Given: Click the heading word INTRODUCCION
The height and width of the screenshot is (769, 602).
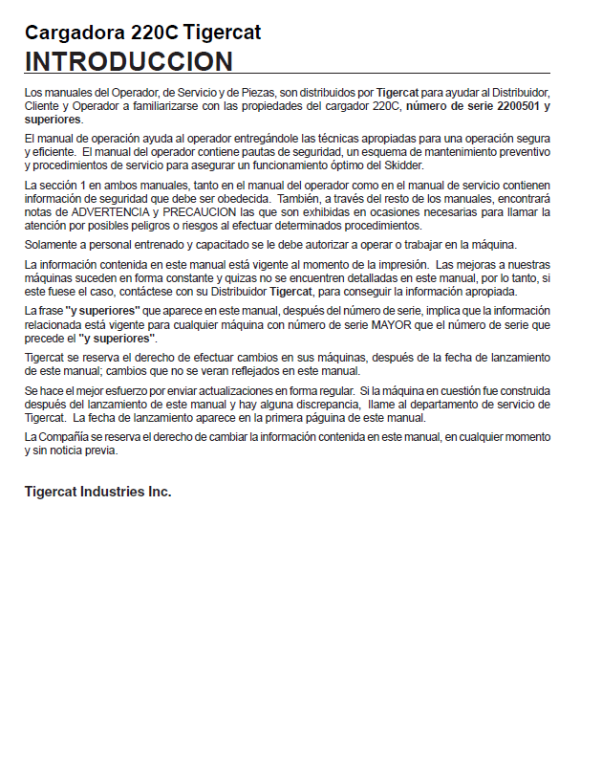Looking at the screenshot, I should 129,61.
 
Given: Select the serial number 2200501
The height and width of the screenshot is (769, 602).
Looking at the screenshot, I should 513,105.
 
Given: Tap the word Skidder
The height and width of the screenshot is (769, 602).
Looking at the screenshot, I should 404,165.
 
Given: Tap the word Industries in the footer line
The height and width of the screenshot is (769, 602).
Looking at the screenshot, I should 111,492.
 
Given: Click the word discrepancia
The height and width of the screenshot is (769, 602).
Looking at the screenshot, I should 314,405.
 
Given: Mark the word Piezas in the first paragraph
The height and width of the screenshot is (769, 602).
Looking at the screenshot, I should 251,92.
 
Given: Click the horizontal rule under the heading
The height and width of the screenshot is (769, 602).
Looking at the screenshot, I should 287,74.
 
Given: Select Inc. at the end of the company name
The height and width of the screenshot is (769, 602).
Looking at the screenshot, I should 159,492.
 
